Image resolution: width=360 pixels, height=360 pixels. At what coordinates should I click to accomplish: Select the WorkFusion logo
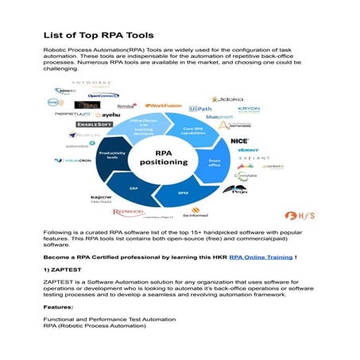pyautogui.click(x=163, y=105)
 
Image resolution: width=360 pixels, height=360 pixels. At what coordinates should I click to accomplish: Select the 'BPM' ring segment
pyautogui.click(x=182, y=192)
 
